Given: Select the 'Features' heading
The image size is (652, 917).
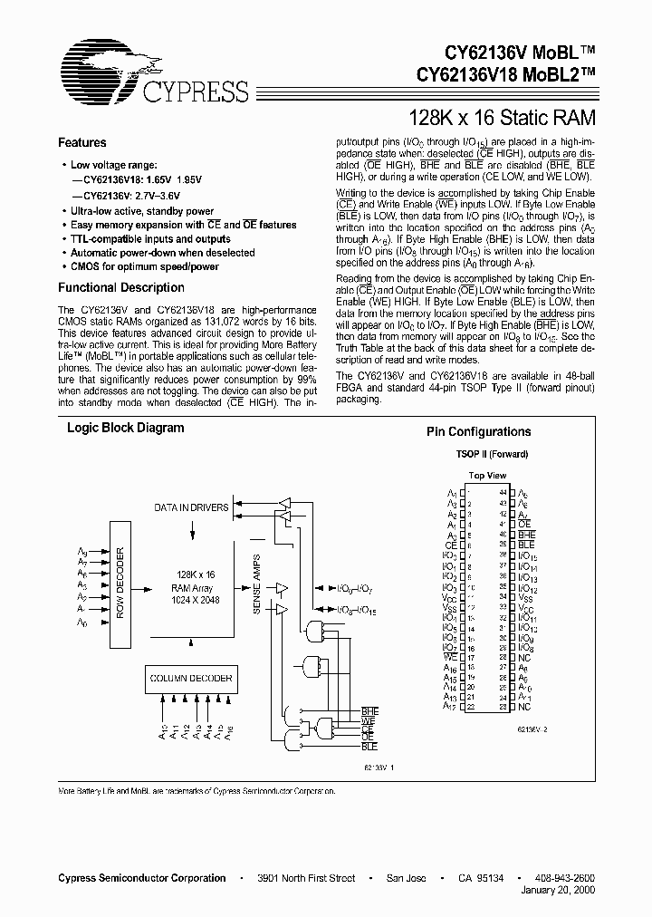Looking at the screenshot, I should click(81, 143).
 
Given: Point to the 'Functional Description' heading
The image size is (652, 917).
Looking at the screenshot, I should click(120, 288).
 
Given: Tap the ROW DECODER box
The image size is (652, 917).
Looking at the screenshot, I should click(120, 584).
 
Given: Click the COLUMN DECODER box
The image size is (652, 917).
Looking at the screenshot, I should click(190, 679).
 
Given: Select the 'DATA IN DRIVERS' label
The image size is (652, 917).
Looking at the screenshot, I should click(191, 508).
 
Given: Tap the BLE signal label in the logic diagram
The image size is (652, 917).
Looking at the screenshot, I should click(369, 746).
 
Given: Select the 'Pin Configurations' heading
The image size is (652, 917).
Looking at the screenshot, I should click(478, 432).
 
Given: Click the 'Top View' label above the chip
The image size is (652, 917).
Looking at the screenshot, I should click(487, 476).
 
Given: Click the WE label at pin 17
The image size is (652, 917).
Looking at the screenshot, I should click(450, 660).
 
